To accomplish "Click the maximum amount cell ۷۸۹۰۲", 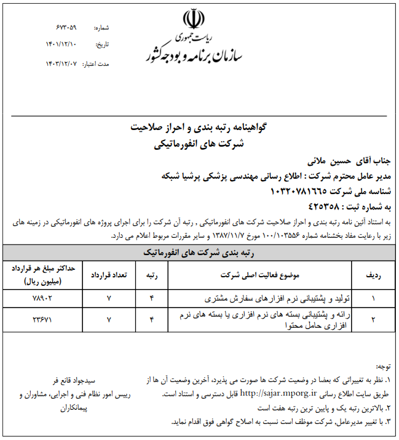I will tap(42, 299).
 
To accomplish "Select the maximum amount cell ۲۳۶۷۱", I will tap(42, 320).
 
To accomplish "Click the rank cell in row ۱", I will tap(152, 299).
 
